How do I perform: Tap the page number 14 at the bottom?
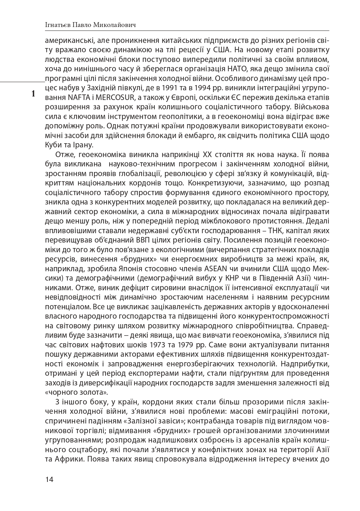click(x=49, y=480)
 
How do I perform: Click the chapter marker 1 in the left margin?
click(x=33, y=94)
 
